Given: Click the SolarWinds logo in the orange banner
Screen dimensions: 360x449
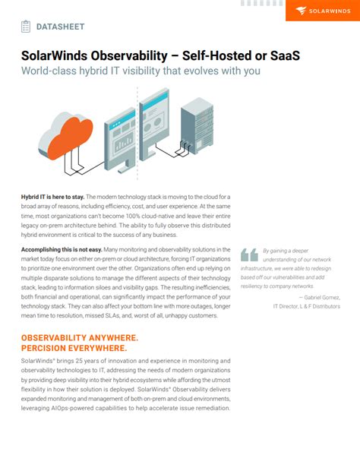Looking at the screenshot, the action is [x=322, y=11].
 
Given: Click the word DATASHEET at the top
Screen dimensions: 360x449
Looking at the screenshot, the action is [x=60, y=27].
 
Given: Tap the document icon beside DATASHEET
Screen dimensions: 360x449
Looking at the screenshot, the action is [x=26, y=27].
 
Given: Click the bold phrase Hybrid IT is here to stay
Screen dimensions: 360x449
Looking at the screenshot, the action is [x=52, y=196].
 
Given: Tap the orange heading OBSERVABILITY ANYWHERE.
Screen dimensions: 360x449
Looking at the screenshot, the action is [x=80, y=337].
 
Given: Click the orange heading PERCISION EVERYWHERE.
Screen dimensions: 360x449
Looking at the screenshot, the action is [x=74, y=347].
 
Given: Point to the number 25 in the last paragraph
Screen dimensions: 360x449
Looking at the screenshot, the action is [x=87, y=359].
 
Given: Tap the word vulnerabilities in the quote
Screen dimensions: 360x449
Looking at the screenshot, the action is [x=292, y=278].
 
